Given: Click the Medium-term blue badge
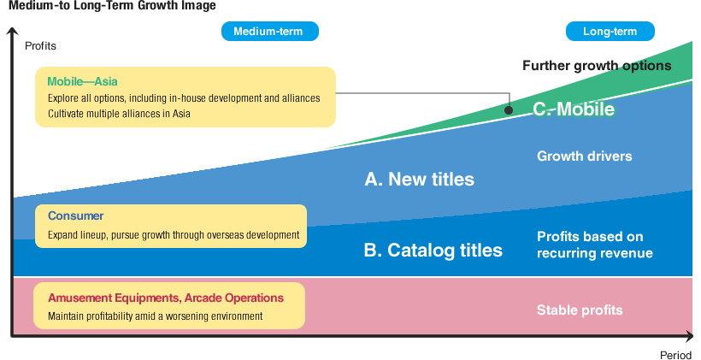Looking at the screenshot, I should point(269,32).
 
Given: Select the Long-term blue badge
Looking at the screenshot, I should point(610,32).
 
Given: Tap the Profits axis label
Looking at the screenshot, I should point(40,46).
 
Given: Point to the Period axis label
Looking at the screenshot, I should point(676,354).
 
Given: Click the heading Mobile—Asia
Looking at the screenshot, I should point(82,82).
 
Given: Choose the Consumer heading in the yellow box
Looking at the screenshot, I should point(75,216).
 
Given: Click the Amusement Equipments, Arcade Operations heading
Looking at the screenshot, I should point(165,298).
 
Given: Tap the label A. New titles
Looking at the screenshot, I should point(419,180).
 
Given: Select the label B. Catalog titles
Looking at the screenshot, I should point(433,251).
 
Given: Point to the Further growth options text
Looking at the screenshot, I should point(596,66).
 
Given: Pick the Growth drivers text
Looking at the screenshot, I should point(584,156).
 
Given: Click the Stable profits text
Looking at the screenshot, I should point(579,310).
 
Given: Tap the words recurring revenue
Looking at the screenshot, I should point(594,253).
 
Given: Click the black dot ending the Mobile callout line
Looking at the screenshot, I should point(509,110).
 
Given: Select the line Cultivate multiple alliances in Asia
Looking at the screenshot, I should point(119,114).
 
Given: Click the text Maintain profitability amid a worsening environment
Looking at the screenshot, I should point(155,316).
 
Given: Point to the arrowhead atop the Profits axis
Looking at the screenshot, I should point(12,32).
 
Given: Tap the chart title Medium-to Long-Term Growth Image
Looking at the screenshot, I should point(112,6).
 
